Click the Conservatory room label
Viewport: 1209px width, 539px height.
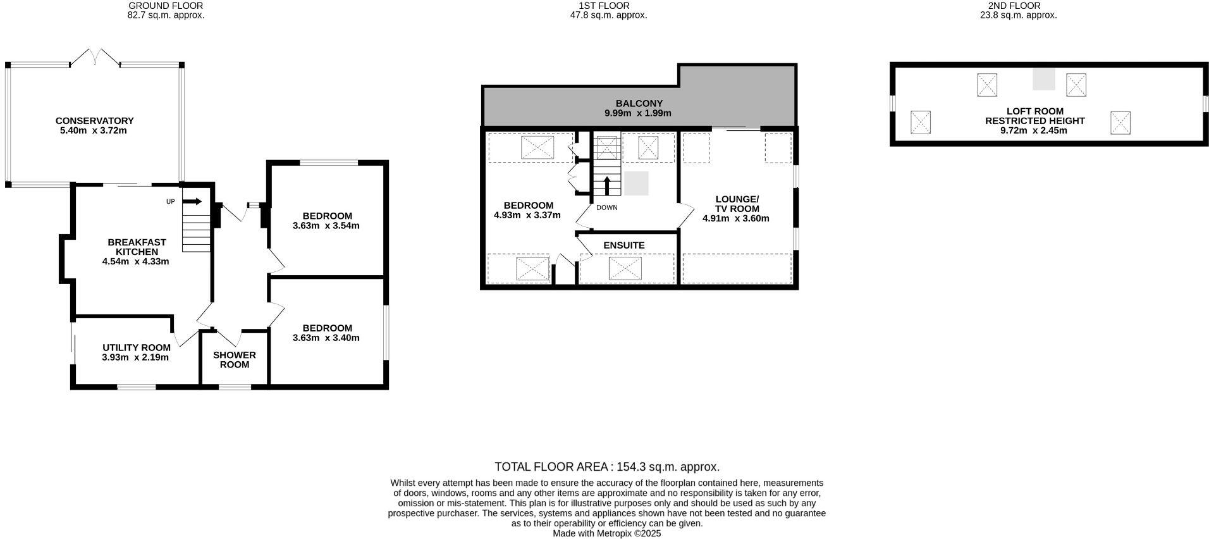point(94,120)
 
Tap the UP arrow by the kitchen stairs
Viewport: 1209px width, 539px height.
point(193,202)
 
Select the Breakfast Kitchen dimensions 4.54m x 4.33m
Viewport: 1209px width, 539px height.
point(135,261)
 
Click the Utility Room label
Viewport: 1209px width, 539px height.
point(137,347)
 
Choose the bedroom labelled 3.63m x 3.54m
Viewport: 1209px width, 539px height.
point(326,221)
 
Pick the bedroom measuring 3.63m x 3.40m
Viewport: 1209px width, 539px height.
point(326,333)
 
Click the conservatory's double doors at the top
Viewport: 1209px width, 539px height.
point(95,58)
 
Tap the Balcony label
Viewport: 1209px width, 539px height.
point(639,103)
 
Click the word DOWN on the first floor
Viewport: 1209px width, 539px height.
point(606,208)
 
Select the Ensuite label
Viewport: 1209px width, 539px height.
point(623,245)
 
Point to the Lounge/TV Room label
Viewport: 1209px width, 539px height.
point(736,204)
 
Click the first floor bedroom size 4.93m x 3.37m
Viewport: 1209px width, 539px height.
point(527,215)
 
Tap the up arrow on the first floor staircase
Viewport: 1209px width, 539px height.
point(607,185)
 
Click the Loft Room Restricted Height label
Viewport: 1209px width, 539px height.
point(1034,116)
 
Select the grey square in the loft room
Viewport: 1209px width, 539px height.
point(1043,79)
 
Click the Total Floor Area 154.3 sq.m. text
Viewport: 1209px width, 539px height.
point(606,467)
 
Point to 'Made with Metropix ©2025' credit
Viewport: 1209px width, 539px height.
point(606,533)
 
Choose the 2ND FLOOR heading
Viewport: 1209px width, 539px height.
point(1018,6)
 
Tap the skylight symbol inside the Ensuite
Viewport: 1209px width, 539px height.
point(625,268)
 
